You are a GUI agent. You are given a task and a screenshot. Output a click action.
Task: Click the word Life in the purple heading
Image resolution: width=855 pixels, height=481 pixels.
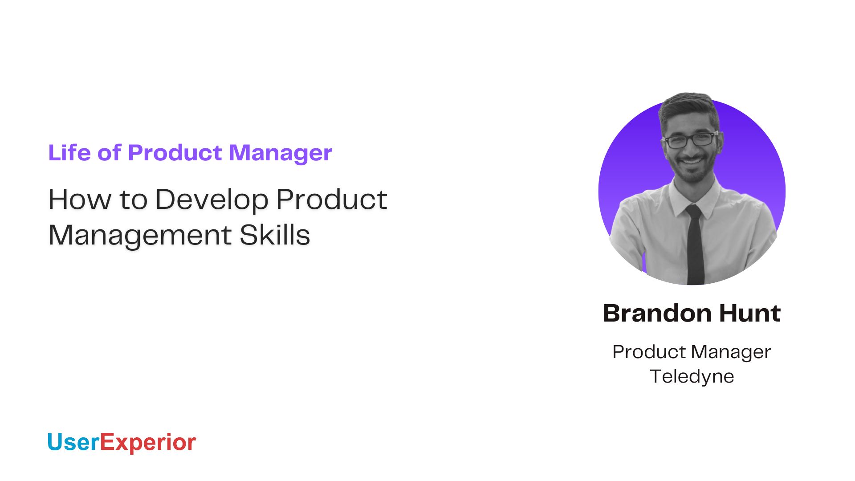[69, 153]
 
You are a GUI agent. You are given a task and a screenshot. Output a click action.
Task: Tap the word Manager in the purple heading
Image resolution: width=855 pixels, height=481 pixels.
[280, 153]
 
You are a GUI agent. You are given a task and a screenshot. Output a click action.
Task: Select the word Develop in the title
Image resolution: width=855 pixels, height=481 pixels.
[212, 200]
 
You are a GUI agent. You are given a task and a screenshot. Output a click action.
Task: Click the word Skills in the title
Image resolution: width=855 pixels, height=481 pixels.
[274, 235]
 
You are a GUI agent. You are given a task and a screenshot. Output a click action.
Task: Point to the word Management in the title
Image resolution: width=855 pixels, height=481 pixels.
[140, 235]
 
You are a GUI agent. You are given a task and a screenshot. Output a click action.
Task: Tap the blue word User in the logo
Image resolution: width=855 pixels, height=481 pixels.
[73, 442]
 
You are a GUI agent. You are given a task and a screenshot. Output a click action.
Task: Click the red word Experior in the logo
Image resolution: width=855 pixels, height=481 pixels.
[148, 442]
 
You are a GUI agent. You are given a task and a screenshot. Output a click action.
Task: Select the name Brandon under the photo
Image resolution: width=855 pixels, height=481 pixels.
[656, 313]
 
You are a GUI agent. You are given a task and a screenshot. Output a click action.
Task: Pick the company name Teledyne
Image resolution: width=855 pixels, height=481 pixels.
[692, 376]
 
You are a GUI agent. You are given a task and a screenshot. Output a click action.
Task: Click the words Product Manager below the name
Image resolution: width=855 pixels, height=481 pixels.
[692, 352]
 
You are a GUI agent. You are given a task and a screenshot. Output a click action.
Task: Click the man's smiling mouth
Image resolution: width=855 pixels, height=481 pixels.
[692, 161]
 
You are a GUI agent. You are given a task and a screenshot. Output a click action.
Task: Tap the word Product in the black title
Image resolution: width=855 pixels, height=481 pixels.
[331, 200]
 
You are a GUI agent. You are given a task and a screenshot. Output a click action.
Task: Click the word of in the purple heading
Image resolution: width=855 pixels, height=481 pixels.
[109, 153]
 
